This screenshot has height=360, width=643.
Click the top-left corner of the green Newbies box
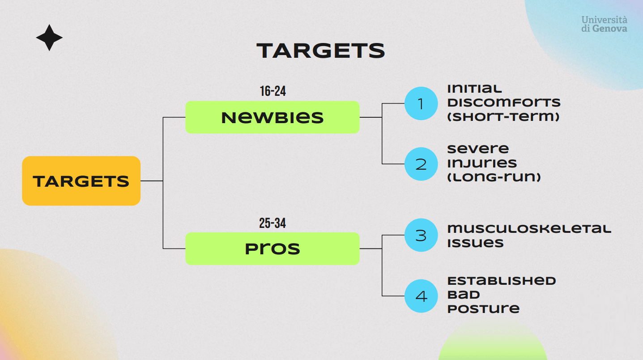[x=186, y=101]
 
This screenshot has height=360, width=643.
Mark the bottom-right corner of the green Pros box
[x=359, y=265]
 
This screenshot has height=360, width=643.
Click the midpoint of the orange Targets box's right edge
[x=141, y=181]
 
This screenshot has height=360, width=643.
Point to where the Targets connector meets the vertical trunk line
[x=163, y=181]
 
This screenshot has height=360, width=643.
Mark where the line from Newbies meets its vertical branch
[x=382, y=117]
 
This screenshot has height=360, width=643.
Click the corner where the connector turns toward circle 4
[x=382, y=296]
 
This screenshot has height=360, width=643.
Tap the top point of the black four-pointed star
[x=49, y=25]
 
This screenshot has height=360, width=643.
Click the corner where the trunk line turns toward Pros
[x=163, y=249]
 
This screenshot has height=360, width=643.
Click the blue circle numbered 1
[x=421, y=103]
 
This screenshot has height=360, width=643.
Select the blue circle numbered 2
[x=421, y=164]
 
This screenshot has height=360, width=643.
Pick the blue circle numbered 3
[x=421, y=235]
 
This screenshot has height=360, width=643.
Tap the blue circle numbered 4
[x=421, y=296]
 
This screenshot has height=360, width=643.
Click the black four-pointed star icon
[x=49, y=38]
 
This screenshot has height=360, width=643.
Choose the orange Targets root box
[x=81, y=181]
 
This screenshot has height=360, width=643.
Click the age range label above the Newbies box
[x=273, y=91]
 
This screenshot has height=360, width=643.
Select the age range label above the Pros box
[x=273, y=223]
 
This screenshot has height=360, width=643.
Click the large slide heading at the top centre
[x=321, y=51]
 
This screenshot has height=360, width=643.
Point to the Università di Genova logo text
[x=604, y=24]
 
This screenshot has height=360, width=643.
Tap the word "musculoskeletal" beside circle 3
[x=529, y=229]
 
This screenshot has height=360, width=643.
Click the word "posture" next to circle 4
[x=483, y=309]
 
